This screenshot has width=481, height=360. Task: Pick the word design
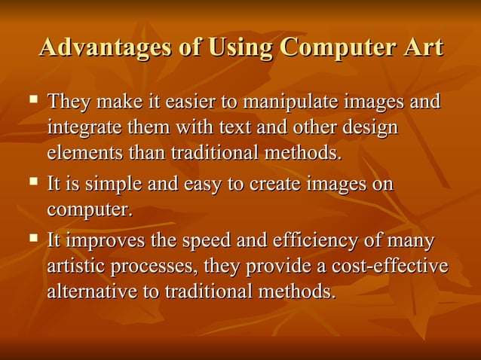click(369, 128)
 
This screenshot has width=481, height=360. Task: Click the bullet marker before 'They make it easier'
click(33, 99)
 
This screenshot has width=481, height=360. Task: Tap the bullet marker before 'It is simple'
click(33, 182)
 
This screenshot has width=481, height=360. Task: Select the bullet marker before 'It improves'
click(33, 239)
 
